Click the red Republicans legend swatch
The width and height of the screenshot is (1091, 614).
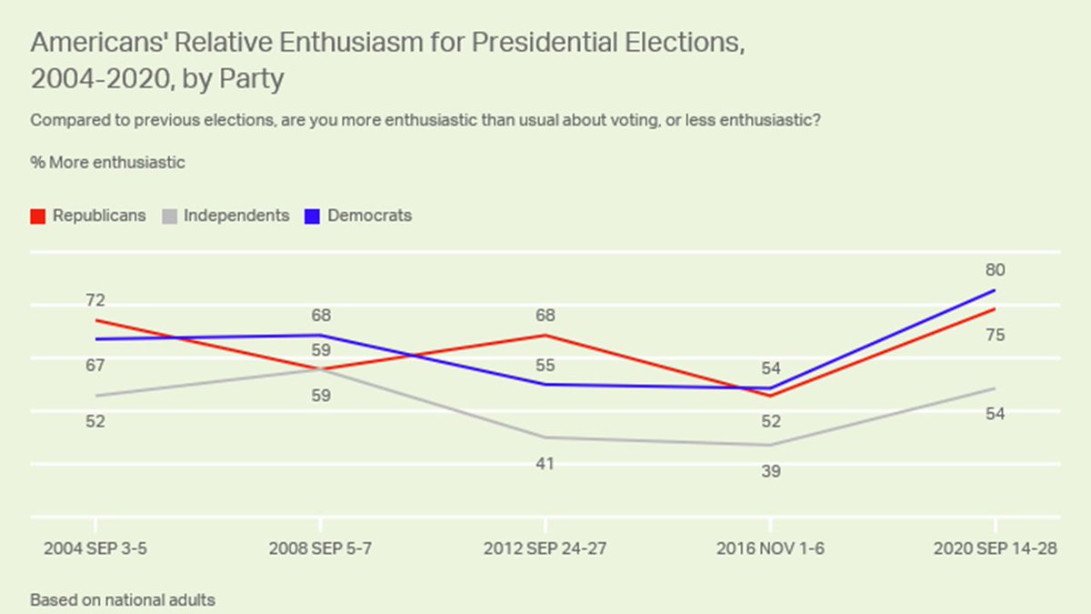38,216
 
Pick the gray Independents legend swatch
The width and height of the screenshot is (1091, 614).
169,216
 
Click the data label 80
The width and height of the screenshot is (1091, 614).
995,270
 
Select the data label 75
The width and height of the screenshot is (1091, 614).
995,336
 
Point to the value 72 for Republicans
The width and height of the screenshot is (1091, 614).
95,300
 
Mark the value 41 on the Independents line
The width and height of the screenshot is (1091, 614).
545,464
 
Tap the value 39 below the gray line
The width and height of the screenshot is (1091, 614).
771,471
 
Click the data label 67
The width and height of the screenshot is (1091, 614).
95,366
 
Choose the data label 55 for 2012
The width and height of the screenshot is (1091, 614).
545,366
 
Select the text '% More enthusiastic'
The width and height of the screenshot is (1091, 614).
107,163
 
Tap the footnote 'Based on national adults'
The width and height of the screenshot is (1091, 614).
123,600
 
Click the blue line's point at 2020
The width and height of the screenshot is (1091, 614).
996,290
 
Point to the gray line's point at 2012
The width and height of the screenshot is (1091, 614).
545,438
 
